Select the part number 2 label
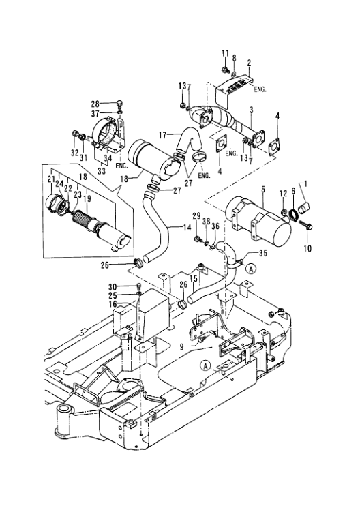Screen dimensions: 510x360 click(250, 62)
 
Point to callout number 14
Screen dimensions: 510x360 click(184, 226)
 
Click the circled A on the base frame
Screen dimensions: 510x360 click(205, 365)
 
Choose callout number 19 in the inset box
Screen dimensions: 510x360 click(87, 198)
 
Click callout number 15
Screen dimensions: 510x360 click(194, 277)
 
